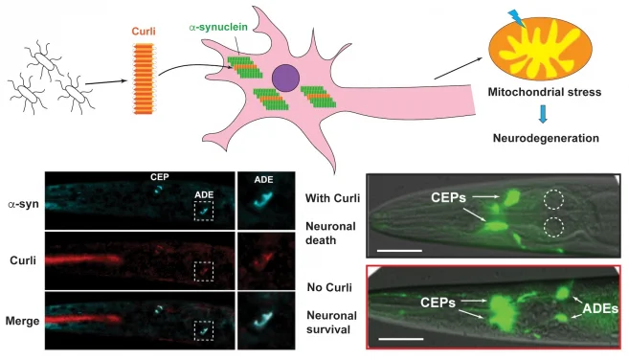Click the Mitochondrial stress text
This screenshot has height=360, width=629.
pos(543,97)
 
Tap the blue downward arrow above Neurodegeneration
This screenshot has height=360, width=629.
pos(542,116)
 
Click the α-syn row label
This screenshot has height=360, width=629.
pos(22,204)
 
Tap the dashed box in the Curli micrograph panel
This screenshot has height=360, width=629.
pos(203,270)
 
